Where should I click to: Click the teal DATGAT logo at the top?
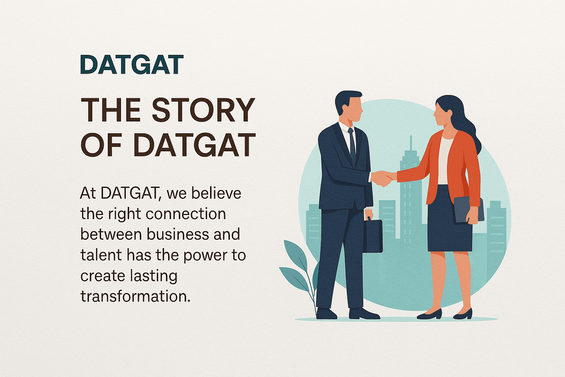click(x=132, y=64)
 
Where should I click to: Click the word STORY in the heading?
click(x=203, y=110)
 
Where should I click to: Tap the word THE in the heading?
click(x=110, y=110)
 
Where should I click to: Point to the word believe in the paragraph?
click(x=216, y=193)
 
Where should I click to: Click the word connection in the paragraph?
click(x=186, y=214)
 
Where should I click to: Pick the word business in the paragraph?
click(x=178, y=234)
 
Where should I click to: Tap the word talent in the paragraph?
click(x=101, y=255)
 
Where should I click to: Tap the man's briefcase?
click(x=372, y=235)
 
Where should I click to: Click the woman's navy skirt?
click(x=449, y=218)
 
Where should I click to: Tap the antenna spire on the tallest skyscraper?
click(x=411, y=143)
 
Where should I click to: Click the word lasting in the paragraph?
click(x=153, y=276)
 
